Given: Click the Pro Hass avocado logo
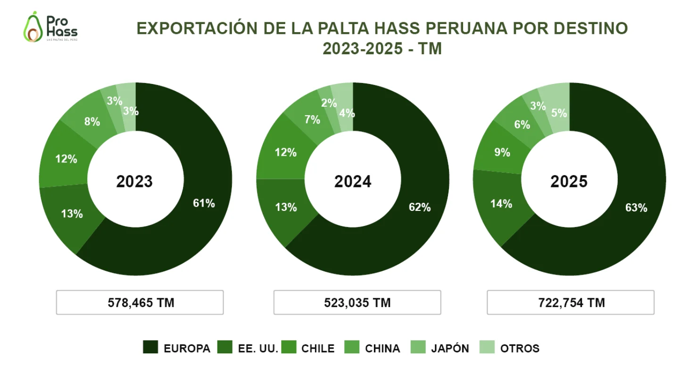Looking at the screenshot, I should tap(50, 27).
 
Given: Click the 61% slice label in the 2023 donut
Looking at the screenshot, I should tap(204, 203).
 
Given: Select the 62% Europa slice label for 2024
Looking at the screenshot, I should tap(419, 207).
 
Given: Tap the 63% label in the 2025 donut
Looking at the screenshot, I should tap(636, 208).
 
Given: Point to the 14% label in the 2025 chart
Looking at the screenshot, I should tap(501, 204).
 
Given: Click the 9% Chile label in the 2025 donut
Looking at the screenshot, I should tap(502, 152).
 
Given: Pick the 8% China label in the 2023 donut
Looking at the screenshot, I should tap(92, 122).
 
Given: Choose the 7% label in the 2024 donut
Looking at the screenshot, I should tap(312, 120).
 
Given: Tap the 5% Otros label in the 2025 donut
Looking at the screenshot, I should tap(559, 113).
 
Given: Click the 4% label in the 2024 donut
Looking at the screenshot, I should tap(347, 113).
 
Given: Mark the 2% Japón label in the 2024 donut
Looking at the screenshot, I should tap(329, 103).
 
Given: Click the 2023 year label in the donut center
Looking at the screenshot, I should tap(135, 182).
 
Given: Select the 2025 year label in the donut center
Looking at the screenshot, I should tap(569, 182).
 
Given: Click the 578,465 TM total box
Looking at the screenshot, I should tap(140, 302).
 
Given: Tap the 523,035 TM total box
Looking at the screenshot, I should tap(357, 302).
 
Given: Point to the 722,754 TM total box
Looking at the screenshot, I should tap(571, 302).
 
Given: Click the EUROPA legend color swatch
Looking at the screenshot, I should tap(150, 348).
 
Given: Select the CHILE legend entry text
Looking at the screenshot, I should tap(318, 349).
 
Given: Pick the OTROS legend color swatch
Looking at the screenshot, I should tap(487, 348).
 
